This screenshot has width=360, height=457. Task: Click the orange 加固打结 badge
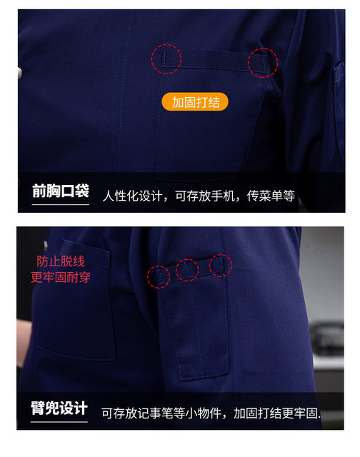(195, 101)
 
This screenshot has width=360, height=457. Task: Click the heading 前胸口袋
(61, 191)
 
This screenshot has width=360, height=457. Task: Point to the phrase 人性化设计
(132, 196)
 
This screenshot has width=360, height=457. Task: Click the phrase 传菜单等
(271, 196)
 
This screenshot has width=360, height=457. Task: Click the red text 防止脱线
(61, 261)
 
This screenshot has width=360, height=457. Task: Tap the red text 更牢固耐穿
(61, 277)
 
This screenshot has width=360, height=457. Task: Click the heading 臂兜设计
(59, 408)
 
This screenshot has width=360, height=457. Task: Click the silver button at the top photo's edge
(20, 73)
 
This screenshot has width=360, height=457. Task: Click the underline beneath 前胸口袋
(60, 205)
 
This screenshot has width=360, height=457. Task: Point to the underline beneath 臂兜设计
(59, 421)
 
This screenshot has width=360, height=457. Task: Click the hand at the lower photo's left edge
(24, 341)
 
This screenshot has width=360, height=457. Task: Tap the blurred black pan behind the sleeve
(327, 338)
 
